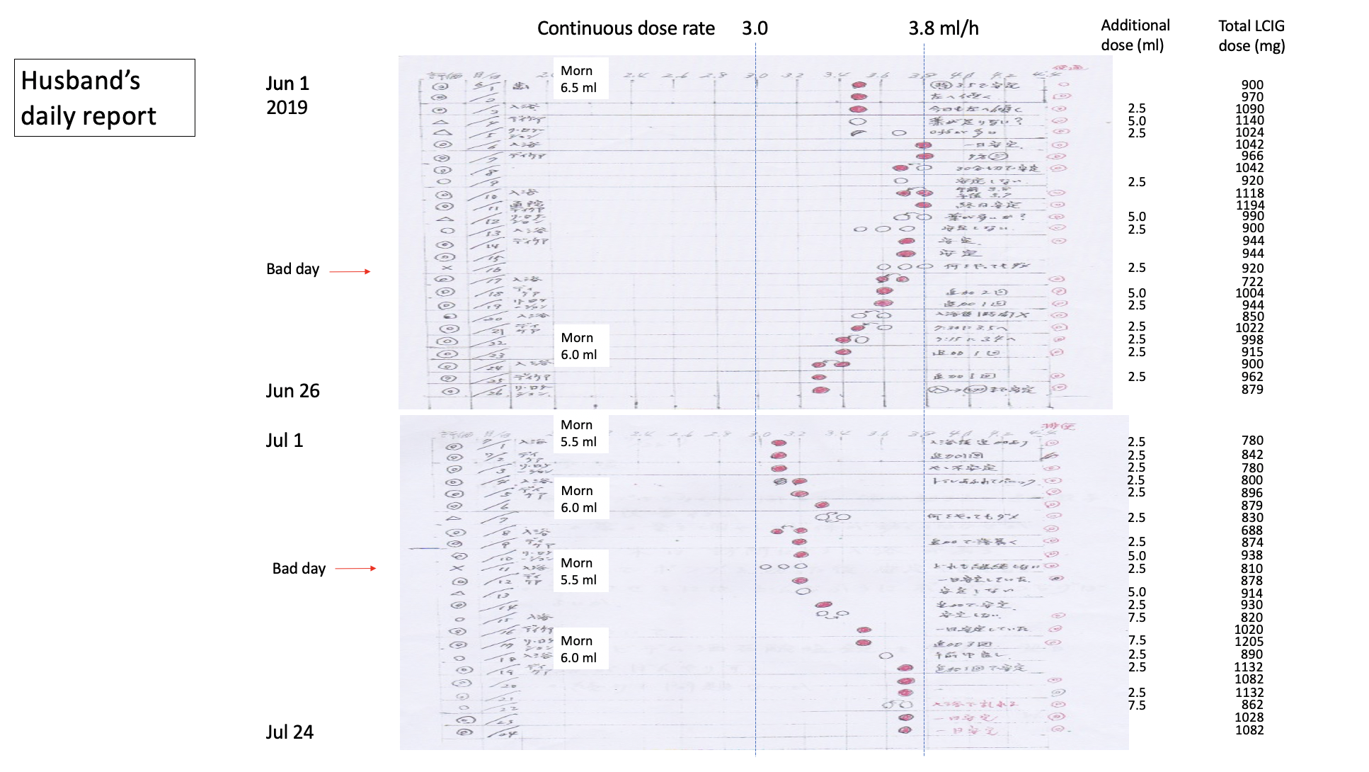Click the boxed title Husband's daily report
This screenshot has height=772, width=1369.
(104, 98)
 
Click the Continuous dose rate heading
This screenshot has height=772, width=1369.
(626, 28)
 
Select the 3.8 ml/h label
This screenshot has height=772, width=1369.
(944, 28)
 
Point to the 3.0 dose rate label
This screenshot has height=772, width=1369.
(755, 28)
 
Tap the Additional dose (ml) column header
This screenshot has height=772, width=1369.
(1135, 35)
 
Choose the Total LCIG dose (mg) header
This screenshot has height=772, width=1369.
(1251, 35)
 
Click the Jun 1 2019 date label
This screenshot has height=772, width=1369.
(287, 95)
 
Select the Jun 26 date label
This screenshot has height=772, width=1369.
(292, 391)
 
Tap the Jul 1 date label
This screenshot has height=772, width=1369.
(284, 441)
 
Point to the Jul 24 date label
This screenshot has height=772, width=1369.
(290, 732)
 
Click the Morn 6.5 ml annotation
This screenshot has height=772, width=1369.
(578, 79)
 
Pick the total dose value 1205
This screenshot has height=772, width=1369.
(1249, 642)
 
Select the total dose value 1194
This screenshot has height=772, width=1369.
(1250, 205)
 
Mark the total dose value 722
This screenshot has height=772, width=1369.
(1252, 282)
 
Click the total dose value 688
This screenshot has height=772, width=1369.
(1251, 530)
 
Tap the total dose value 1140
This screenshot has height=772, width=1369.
(1249, 120)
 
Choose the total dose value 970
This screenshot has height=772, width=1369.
(1251, 97)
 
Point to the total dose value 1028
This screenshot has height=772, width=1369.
(1249, 717)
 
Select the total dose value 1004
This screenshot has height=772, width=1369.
(1249, 293)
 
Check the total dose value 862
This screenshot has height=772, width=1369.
(1251, 705)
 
